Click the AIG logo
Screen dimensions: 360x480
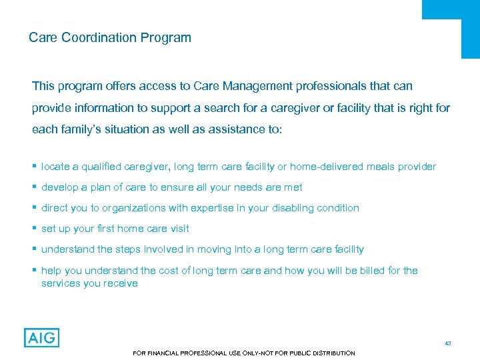point(41,337)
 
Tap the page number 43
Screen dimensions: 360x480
point(448,343)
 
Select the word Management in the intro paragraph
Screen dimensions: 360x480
point(254,86)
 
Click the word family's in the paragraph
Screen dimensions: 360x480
point(84,129)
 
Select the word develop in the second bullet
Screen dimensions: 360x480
point(60,187)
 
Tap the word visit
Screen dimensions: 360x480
point(178,229)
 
